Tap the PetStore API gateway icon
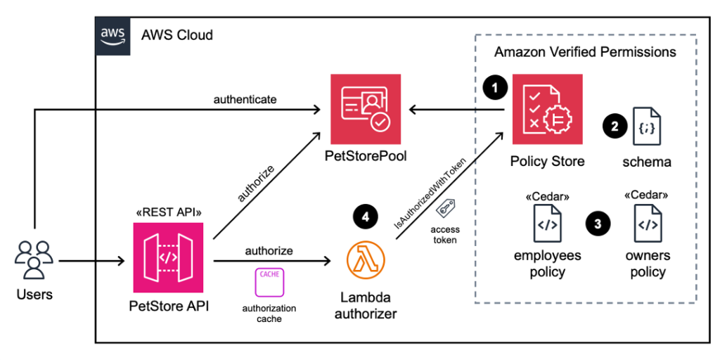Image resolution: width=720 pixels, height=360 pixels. pyautogui.click(x=168, y=257)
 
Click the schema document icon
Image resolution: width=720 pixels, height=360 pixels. pyautogui.click(x=647, y=127)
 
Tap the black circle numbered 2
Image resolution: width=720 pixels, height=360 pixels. pyautogui.click(x=615, y=127)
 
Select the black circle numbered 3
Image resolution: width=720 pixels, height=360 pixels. pyautogui.click(x=598, y=224)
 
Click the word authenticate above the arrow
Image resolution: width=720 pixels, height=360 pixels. pyautogui.click(x=245, y=99)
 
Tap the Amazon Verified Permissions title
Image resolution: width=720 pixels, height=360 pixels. pyautogui.click(x=585, y=52)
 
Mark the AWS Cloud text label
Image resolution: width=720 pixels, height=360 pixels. pyautogui.click(x=177, y=34)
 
